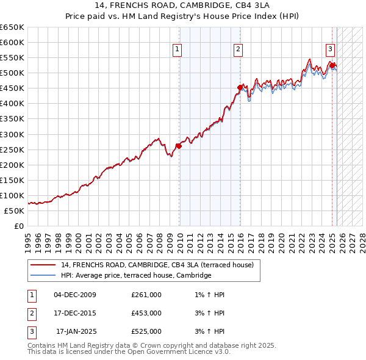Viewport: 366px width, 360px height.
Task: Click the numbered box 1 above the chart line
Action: pos(177,49)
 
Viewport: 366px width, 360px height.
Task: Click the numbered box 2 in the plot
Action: pos(237,49)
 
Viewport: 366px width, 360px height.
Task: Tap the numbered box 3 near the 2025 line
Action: pos(330,49)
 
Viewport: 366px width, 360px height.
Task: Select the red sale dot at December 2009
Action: pos(179,146)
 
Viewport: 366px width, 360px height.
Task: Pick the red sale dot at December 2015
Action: pos(240,87)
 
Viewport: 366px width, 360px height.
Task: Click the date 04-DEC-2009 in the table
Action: pos(74,295)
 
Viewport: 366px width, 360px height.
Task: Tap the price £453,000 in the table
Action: pos(146,313)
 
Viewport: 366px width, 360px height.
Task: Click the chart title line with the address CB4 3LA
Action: pos(183,5)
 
